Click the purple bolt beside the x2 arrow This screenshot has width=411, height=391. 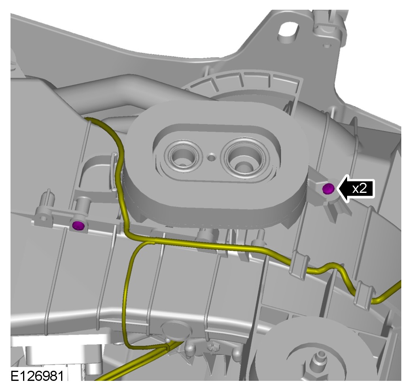tap(328, 188)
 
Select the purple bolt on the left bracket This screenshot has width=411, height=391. tap(78, 225)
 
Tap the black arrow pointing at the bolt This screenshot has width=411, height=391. tap(355, 188)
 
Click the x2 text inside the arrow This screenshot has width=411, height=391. tap(359, 188)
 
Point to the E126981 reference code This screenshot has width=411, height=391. tap(37, 376)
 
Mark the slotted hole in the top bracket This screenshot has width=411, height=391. tap(288, 32)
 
